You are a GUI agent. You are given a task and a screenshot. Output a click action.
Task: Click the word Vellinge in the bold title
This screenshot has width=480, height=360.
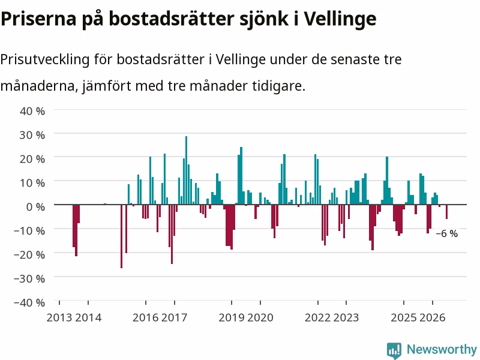tap(340, 19)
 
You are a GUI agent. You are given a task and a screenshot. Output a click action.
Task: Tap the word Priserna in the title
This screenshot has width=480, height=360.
tap(38, 19)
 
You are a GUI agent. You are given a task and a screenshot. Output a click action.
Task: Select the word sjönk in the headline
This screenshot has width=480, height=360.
tap(263, 20)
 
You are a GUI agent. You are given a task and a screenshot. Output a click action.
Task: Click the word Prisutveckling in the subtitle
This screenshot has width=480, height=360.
tap(44, 59)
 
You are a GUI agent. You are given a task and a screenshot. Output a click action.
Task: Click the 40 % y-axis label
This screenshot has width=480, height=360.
tap(32, 111)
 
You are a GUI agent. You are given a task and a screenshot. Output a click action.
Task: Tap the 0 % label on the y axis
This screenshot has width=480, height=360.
tap(36, 206)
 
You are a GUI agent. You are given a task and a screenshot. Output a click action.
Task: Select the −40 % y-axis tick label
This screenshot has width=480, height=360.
tap(29, 303)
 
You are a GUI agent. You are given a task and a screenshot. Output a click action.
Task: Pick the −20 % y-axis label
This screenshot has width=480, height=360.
tap(29, 254)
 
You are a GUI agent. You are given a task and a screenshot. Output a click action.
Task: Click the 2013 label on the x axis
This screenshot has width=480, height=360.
tap(59, 317)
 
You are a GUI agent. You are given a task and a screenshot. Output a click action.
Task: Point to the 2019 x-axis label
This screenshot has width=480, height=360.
tap(232, 317)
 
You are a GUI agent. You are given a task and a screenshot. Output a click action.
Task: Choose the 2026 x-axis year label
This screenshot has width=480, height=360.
tap(432, 317)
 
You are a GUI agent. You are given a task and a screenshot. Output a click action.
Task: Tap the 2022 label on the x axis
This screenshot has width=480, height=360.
tap(317, 317)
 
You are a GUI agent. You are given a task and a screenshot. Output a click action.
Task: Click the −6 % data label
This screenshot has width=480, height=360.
tap(446, 233)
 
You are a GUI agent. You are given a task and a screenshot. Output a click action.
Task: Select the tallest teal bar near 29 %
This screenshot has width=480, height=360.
tap(186, 170)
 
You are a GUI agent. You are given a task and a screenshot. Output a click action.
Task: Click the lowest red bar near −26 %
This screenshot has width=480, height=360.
tap(122, 236)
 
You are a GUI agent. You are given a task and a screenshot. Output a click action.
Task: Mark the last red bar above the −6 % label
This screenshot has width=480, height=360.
tap(446, 212)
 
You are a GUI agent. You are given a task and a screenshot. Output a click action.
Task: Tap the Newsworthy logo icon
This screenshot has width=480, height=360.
tap(394, 350)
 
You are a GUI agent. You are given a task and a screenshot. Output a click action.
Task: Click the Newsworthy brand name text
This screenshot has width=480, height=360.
tap(442, 349)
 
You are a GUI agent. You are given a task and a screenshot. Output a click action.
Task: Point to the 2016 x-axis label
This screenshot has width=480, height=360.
tap(145, 317)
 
